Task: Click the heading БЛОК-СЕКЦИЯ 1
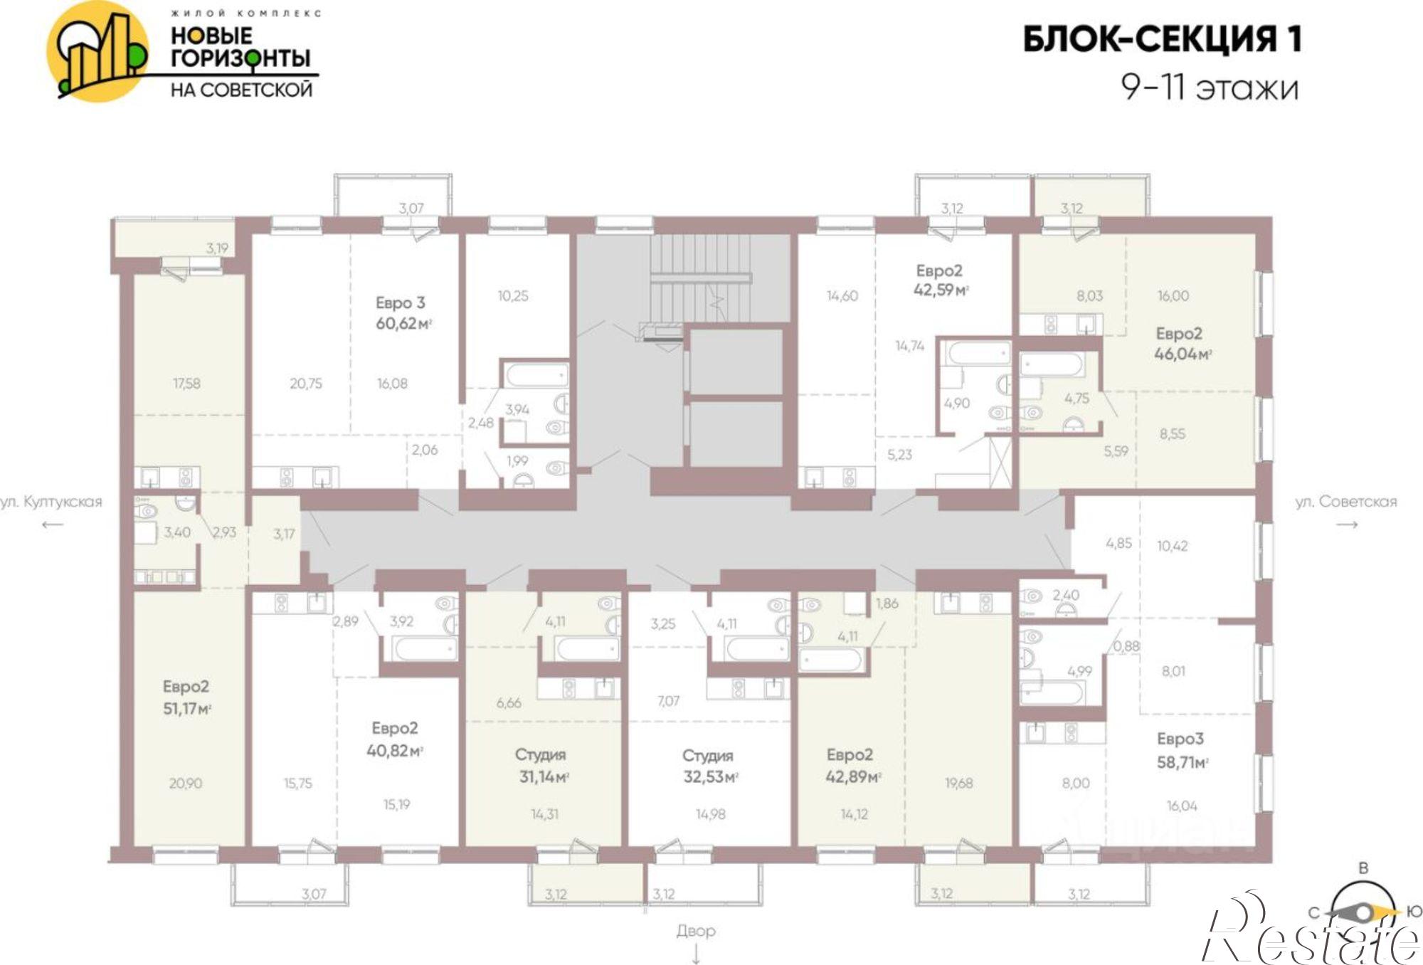tap(1162, 39)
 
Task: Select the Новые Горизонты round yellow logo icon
tap(97, 51)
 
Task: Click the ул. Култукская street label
tap(51, 502)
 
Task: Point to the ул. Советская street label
tap(1346, 502)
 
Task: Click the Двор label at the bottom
tap(696, 931)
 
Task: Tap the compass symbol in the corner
tap(1363, 912)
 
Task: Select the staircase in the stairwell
tap(701, 278)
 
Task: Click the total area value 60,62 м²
tap(404, 324)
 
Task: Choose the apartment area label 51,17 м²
tap(187, 709)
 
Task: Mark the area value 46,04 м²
tap(1183, 354)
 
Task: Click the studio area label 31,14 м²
tap(544, 776)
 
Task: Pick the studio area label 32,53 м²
tap(711, 776)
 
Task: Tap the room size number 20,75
tap(306, 384)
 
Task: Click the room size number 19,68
tap(959, 784)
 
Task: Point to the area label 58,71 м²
tap(1183, 763)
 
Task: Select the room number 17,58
tap(186, 384)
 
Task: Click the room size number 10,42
tap(1173, 546)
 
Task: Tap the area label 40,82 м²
tap(395, 750)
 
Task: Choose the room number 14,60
tap(842, 295)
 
